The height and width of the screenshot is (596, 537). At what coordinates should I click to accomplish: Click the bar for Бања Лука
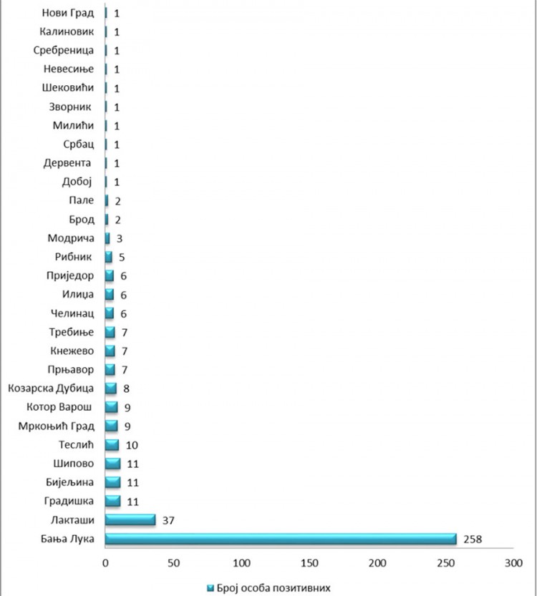(x=281, y=538)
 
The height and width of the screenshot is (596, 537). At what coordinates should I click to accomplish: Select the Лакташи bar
(x=130, y=519)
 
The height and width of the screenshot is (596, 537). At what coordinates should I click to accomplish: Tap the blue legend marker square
(x=211, y=587)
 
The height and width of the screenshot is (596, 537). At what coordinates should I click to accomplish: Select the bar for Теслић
(x=112, y=444)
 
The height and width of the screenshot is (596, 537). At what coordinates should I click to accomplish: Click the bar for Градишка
(x=113, y=501)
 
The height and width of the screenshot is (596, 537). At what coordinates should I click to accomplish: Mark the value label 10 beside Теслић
(x=132, y=444)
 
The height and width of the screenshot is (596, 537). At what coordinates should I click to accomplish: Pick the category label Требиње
(x=72, y=332)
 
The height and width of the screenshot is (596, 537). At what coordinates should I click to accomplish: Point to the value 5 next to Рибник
(x=122, y=257)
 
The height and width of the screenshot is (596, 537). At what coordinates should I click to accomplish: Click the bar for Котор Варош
(x=112, y=407)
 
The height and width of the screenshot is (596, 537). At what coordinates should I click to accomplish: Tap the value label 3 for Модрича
(x=119, y=238)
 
